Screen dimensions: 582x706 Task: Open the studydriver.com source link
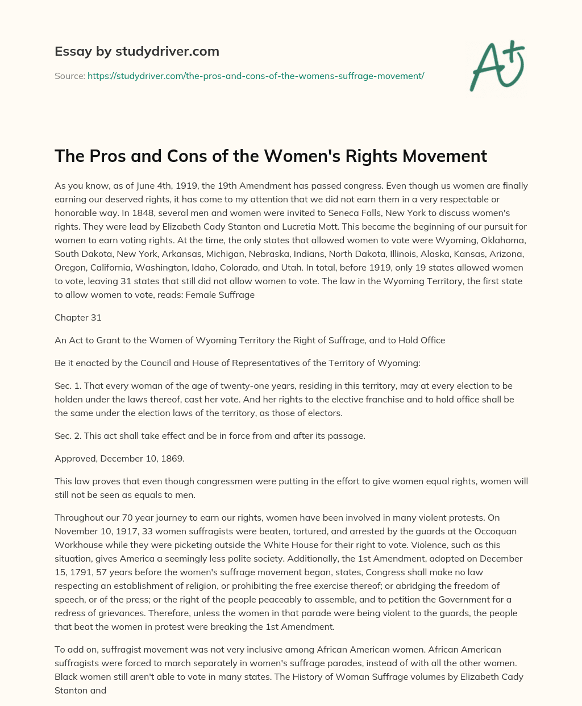click(256, 76)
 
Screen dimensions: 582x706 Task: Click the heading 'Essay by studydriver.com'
click(137, 51)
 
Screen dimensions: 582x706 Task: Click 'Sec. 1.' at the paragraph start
click(68, 385)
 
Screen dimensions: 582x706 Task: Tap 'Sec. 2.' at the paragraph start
click(68, 435)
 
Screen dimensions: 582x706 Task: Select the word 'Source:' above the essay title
click(70, 76)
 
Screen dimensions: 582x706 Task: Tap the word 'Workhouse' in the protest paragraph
click(78, 545)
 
